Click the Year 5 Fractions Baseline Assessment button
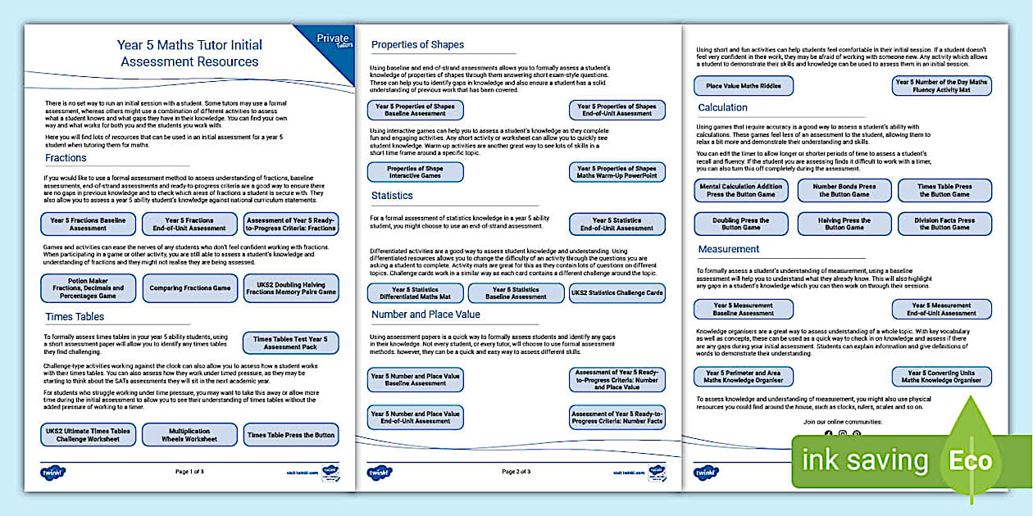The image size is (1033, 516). click(x=88, y=224)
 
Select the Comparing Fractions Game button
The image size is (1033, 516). click(x=189, y=288)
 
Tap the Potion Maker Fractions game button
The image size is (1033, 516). click(x=88, y=288)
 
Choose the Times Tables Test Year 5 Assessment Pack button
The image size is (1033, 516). click(x=290, y=342)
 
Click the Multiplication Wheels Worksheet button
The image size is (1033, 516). click(x=189, y=435)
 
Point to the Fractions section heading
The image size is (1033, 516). click(x=66, y=157)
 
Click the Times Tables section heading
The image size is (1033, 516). click(x=75, y=316)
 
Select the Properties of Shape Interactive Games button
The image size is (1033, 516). click(x=415, y=172)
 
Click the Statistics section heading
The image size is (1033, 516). click(x=392, y=196)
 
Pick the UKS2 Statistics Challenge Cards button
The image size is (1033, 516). click(x=617, y=293)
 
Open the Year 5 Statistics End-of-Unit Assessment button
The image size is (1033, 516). click(x=617, y=224)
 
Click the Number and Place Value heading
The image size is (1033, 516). click(x=425, y=314)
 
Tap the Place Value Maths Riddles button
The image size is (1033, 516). click(x=744, y=86)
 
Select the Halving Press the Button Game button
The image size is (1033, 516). click(x=844, y=224)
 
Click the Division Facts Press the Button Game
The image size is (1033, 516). click(x=944, y=224)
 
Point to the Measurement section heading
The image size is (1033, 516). click(x=729, y=249)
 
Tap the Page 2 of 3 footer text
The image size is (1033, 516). click(x=516, y=472)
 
